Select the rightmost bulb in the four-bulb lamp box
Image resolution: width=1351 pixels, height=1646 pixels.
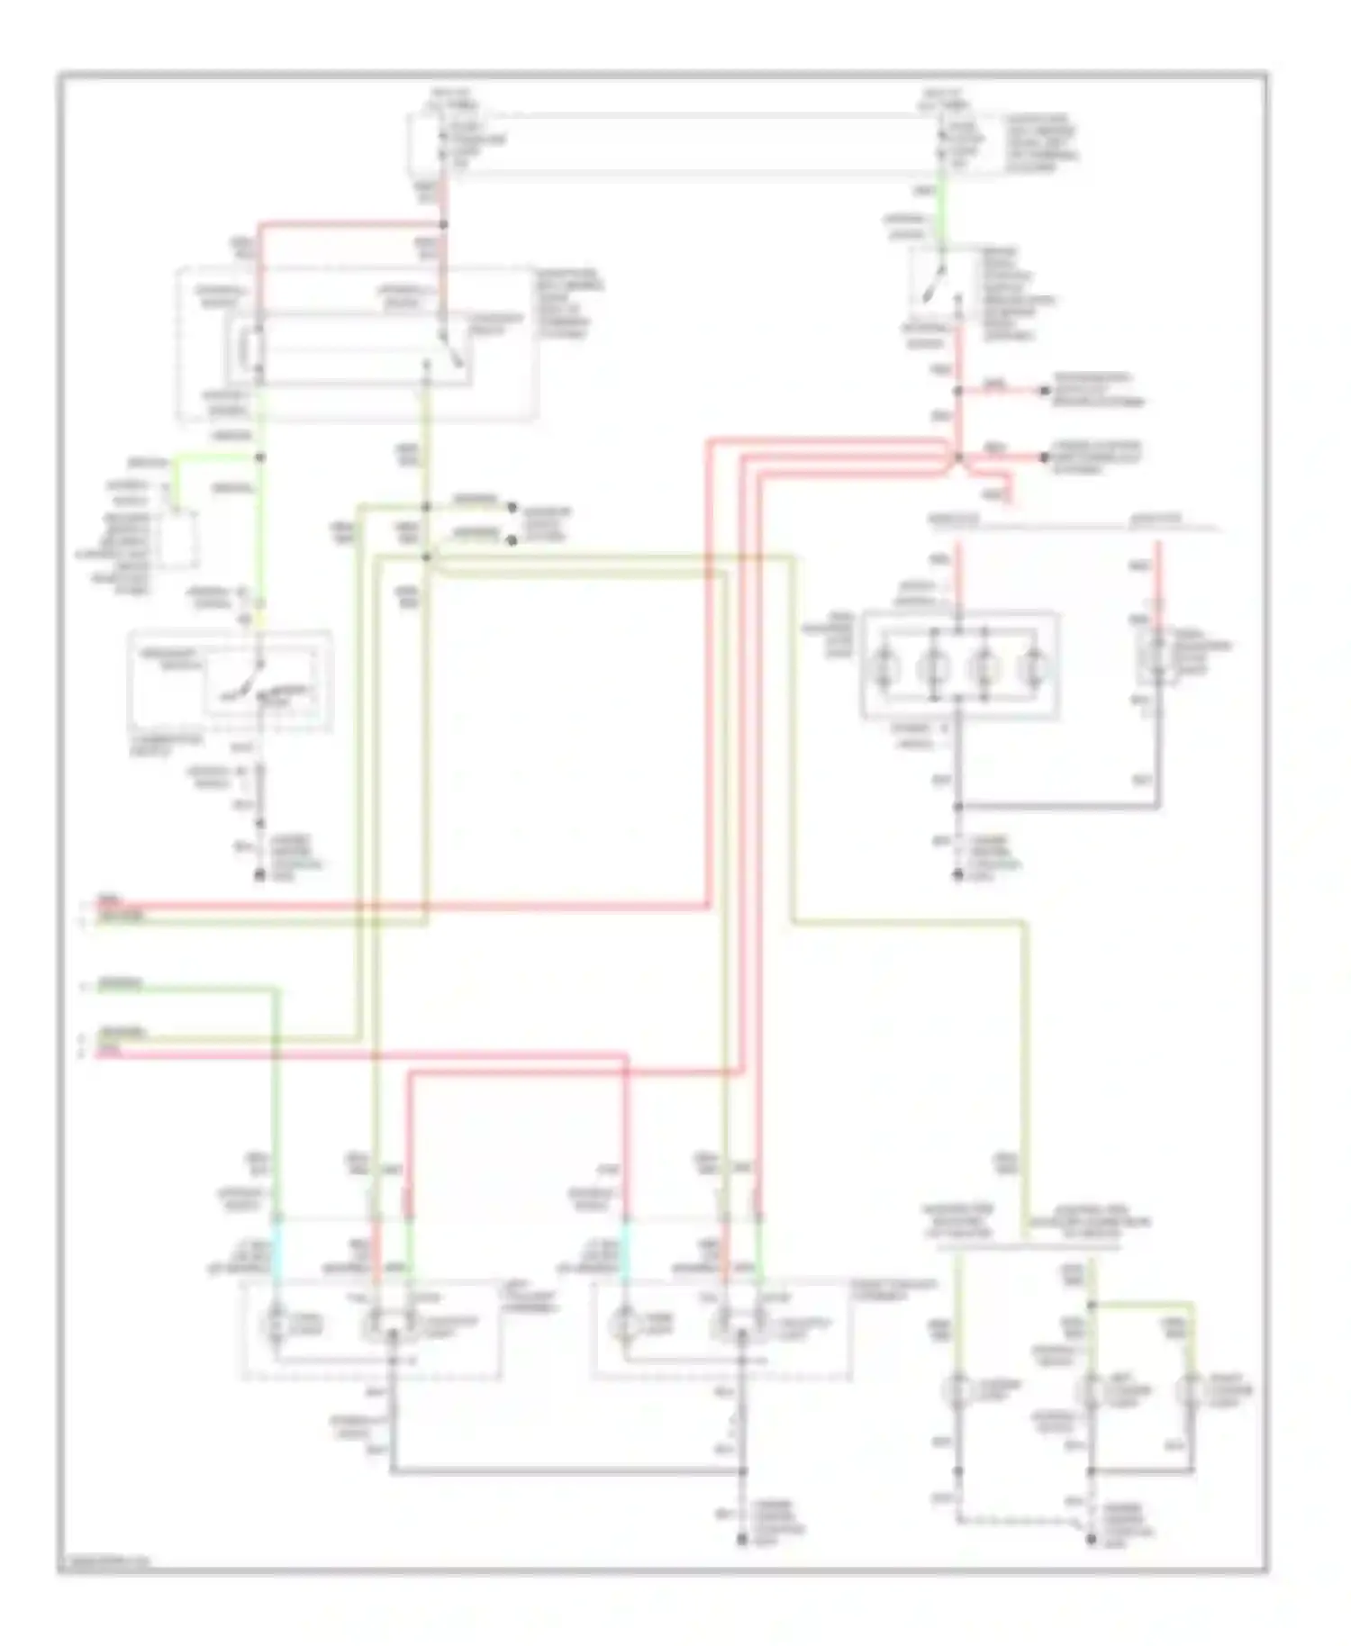(x=1035, y=668)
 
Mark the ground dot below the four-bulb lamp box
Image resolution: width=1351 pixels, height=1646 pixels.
(x=958, y=874)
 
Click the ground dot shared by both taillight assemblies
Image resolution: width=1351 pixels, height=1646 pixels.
(x=742, y=1542)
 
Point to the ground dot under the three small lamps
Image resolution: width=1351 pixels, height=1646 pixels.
(x=1091, y=1541)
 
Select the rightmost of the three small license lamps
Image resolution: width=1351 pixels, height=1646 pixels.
(x=1193, y=1391)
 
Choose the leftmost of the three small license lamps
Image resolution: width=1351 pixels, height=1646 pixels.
(x=958, y=1391)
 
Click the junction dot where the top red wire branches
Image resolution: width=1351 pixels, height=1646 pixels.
(x=443, y=223)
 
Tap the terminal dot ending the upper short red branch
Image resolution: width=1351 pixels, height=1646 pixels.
(x=1045, y=391)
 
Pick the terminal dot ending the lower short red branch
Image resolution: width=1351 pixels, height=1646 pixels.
(x=1045, y=457)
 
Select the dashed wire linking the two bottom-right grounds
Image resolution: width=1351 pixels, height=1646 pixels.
(x=1018, y=1521)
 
